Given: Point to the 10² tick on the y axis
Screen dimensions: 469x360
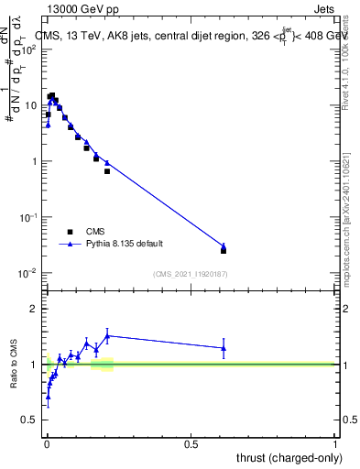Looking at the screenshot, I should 31,49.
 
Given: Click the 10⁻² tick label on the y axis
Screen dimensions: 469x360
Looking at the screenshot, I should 29,273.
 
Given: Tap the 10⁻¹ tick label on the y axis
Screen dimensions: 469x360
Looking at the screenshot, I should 29,217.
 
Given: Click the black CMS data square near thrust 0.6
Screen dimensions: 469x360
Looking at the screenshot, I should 224,250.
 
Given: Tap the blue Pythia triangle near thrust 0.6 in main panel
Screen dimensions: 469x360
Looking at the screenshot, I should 224,246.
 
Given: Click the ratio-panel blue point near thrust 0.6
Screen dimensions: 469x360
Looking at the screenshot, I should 224,348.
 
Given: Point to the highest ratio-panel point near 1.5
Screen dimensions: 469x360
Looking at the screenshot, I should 107,335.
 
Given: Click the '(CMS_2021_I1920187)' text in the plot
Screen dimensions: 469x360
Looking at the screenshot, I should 191,273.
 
